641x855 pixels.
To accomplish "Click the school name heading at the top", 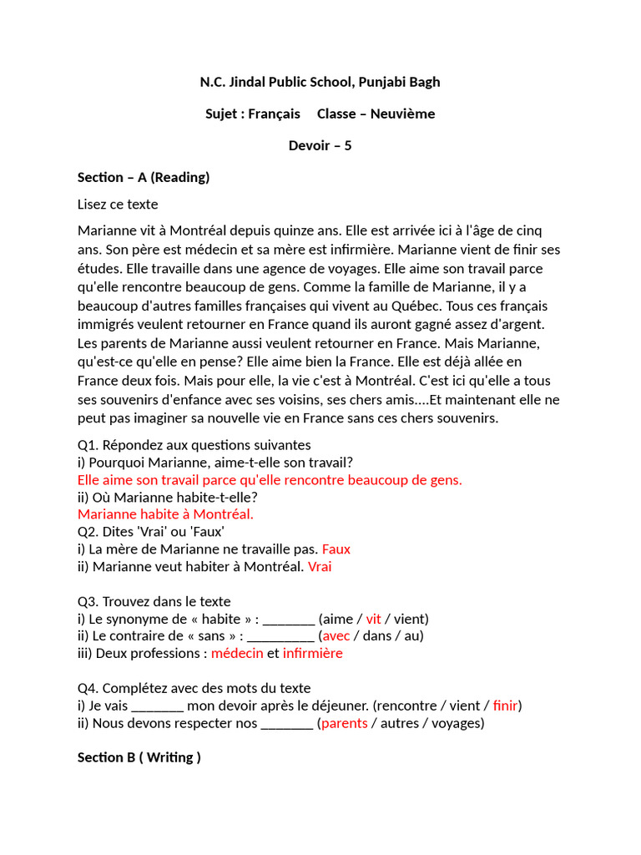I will (320, 82).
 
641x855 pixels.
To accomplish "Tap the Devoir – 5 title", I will (320, 145).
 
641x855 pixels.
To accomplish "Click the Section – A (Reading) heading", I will (144, 177).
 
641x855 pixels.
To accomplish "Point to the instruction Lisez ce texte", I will (118, 205).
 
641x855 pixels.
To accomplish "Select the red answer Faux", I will (336, 549).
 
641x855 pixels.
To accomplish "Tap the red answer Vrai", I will (320, 567).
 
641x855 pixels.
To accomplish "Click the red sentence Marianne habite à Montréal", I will (165, 514).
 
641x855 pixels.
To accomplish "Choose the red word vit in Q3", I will (373, 619).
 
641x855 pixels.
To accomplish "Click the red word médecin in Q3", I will (237, 654).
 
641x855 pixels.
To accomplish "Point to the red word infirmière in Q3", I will (312, 654).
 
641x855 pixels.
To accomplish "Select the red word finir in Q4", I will (505, 706).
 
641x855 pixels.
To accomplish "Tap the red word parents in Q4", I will (344, 723).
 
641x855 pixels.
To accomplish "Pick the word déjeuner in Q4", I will (338, 706).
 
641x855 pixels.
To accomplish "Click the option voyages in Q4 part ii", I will (457, 723).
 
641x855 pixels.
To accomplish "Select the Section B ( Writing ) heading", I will (139, 757).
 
